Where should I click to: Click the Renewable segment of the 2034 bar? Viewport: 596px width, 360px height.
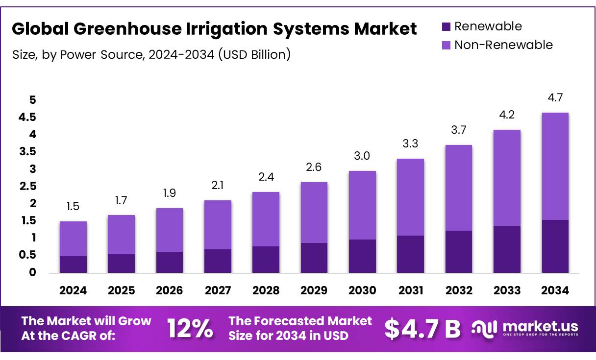555,246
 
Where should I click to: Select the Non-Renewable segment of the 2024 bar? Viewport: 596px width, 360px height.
73,239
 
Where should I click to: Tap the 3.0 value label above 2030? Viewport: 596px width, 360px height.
362,156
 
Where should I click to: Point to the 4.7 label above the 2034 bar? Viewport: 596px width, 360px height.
555,98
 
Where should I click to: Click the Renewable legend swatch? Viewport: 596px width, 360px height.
446,26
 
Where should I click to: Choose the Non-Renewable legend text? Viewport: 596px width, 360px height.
503,45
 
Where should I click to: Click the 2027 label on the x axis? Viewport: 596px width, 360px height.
218,290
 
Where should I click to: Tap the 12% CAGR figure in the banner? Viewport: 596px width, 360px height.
190,329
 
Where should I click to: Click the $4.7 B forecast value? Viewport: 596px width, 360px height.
422,329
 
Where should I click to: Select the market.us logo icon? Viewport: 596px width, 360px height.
484,328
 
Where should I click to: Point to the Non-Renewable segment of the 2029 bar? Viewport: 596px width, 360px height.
314,213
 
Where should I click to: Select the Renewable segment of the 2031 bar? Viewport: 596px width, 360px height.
410,254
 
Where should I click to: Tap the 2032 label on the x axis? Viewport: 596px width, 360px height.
459,290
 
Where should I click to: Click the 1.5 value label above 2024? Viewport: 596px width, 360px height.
73,207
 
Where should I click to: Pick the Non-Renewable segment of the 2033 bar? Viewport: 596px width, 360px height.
507,178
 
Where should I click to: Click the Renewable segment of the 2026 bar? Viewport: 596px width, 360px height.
170,262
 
